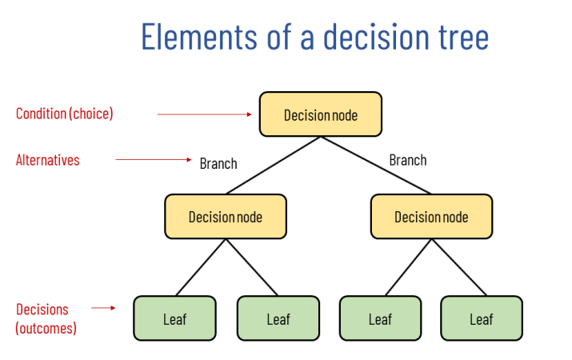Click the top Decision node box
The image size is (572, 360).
tap(320, 114)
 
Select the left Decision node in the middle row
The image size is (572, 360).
tap(225, 217)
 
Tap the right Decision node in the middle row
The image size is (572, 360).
tap(431, 217)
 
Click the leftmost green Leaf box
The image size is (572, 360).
tap(174, 318)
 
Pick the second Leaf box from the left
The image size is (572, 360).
tap(278, 318)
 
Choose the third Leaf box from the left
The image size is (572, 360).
tap(380, 318)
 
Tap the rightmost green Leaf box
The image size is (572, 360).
tap(482, 318)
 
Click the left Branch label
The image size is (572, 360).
tap(218, 163)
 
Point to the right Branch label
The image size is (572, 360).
tap(407, 160)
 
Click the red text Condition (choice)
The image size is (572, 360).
tap(65, 114)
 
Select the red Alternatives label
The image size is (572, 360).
tap(48, 160)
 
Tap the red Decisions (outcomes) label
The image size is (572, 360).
tap(46, 318)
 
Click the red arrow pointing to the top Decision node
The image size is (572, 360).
tap(204, 114)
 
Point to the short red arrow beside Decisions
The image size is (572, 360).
tap(103, 307)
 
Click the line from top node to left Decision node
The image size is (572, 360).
tap(272, 166)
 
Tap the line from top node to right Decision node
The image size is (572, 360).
tap(376, 166)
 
